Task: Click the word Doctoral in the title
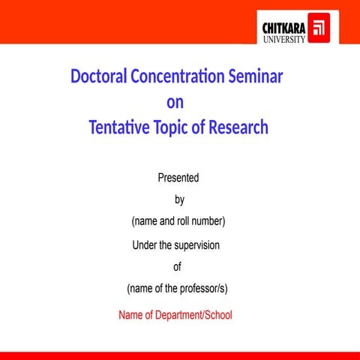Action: (x=98, y=77)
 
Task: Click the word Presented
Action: (x=178, y=178)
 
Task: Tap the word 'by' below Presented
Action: (x=179, y=199)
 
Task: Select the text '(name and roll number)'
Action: (x=178, y=221)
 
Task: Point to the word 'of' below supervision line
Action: (x=178, y=266)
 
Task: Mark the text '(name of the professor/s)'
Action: (x=178, y=289)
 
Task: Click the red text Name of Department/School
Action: (x=175, y=315)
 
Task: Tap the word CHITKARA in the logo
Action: (x=284, y=28)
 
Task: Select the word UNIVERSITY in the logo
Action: (x=283, y=39)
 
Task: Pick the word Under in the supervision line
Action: (x=144, y=244)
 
